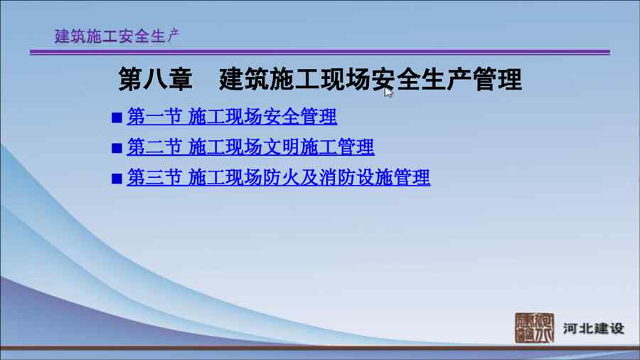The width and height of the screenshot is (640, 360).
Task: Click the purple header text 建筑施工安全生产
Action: coord(117,36)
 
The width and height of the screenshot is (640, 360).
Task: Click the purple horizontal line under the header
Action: coord(320,52)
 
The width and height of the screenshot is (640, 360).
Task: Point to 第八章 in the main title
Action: coord(155,79)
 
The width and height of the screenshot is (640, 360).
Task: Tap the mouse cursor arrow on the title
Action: coord(388,92)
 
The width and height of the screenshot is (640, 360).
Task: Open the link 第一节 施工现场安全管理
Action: coord(232,117)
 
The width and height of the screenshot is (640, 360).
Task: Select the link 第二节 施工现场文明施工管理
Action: coord(250,147)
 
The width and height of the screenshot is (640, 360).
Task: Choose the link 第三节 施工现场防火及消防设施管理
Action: coord(278,178)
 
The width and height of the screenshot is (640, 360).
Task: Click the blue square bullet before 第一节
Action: coord(117,118)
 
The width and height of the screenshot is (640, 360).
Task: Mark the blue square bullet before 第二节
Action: coord(117,148)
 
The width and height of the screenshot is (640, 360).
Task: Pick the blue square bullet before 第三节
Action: coord(117,179)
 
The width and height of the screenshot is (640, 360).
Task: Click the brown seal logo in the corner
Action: coord(534,328)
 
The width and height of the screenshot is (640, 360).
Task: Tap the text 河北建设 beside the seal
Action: coord(594,329)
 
